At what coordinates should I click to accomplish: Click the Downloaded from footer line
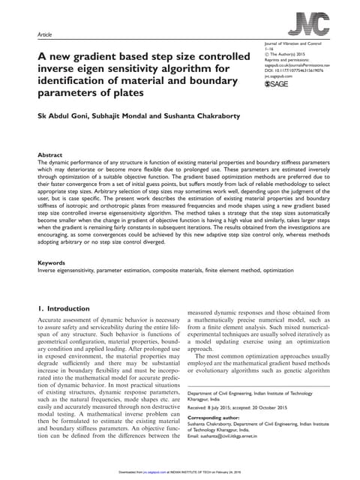[179, 473]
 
